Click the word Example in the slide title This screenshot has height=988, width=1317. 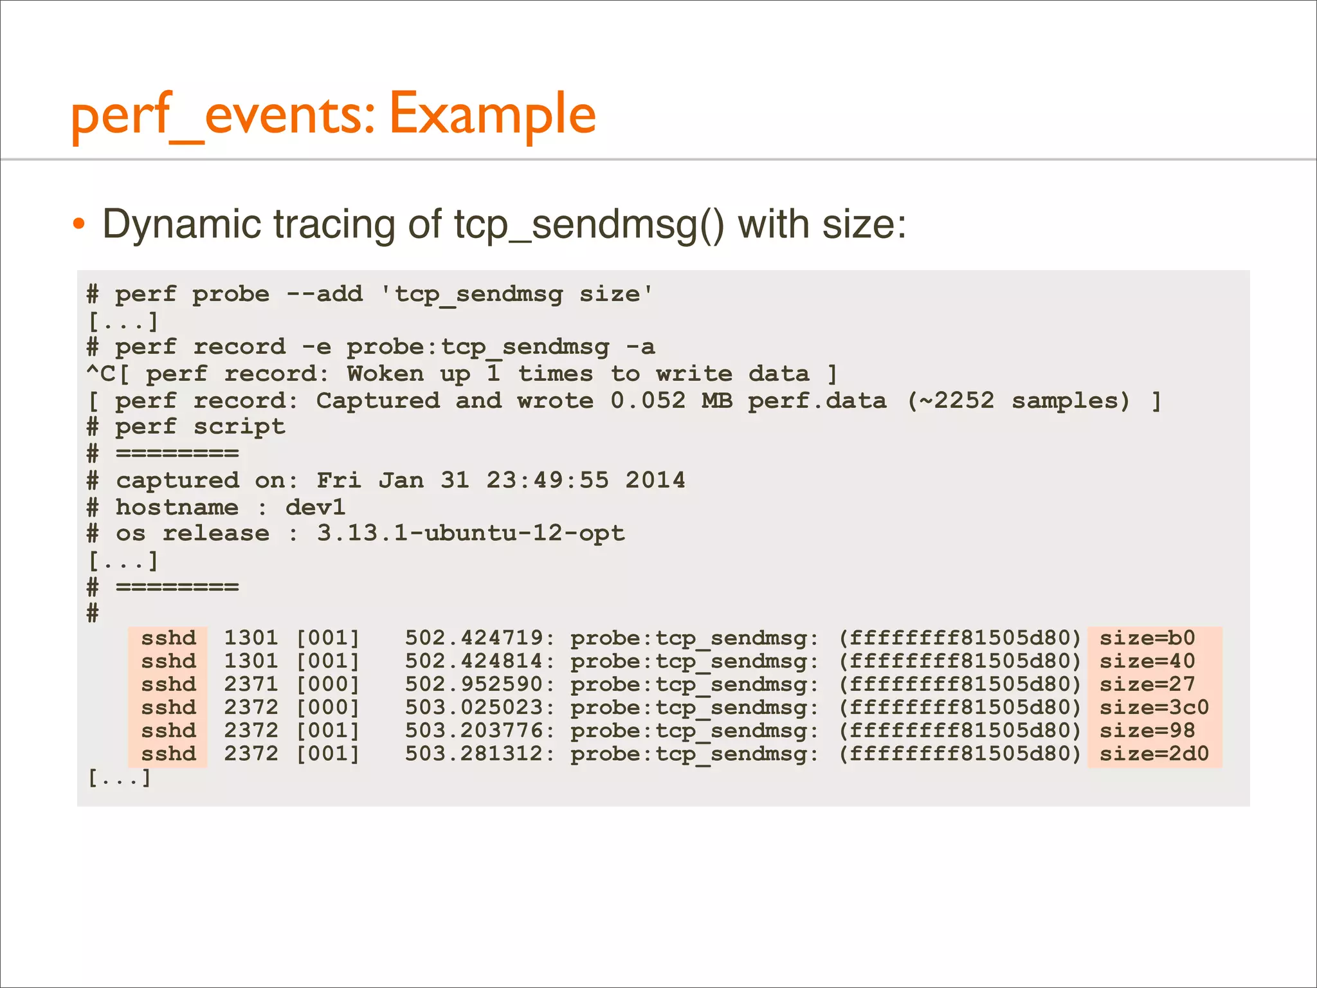pos(493,114)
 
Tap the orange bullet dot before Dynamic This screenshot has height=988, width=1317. pos(78,224)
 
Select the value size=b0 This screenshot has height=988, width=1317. pos(1147,638)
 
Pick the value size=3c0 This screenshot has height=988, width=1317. pos(1154,708)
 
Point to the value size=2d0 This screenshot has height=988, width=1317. pos(1154,754)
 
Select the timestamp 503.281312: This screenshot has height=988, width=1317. pos(479,754)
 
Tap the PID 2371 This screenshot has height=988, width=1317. pos(251,684)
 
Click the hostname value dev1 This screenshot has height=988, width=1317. pos(315,508)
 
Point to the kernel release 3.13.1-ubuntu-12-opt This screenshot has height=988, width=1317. pos(470,534)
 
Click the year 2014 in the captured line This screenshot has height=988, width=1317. pos(655,480)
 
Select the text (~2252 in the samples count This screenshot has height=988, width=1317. pos(950,401)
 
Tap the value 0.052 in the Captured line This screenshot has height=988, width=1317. pos(648,401)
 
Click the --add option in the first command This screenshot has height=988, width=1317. pos(325,295)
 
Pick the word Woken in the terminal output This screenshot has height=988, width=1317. pos(385,374)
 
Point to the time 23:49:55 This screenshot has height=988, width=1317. pos(547,480)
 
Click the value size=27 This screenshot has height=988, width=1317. pos(1147,684)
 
